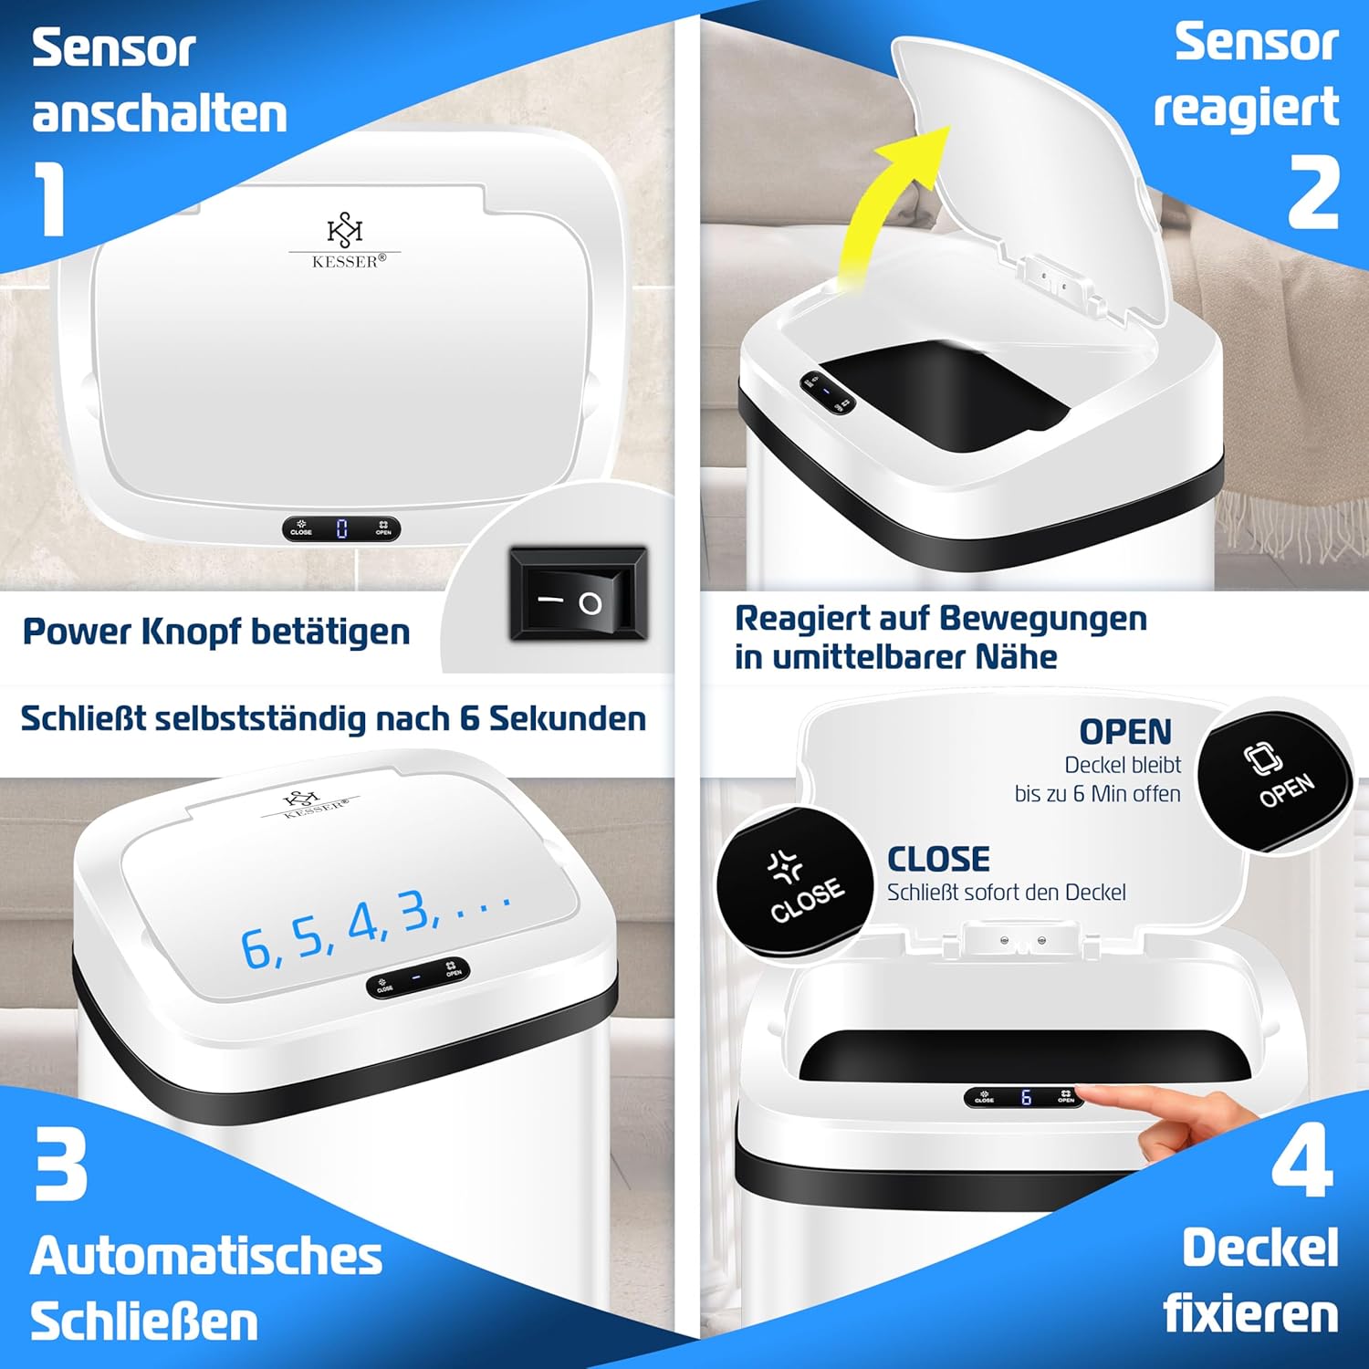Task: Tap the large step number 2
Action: (1314, 192)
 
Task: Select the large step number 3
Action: (61, 1164)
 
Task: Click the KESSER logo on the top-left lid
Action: (346, 242)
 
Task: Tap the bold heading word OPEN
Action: (1125, 732)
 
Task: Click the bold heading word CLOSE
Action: (938, 859)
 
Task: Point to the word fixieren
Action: (1250, 1314)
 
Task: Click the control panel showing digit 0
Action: (341, 528)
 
